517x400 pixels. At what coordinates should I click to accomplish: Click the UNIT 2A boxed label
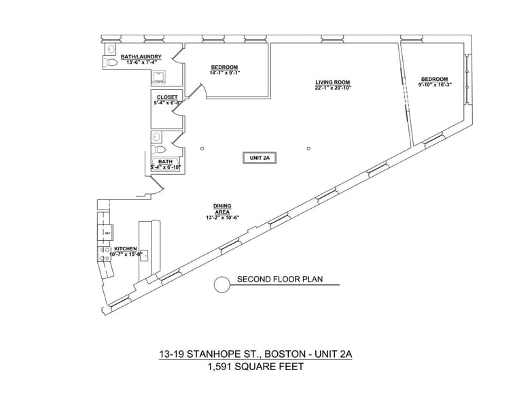pyautogui.click(x=260, y=158)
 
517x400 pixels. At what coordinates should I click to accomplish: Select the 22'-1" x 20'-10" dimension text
pyautogui.click(x=332, y=88)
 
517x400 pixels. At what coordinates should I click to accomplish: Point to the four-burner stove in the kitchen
pyautogui.click(x=105, y=254)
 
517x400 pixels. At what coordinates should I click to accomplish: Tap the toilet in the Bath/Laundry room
pyautogui.click(x=111, y=63)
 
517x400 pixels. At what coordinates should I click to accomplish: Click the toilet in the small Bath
pyautogui.click(x=159, y=149)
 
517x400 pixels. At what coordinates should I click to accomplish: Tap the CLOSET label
pyautogui.click(x=167, y=97)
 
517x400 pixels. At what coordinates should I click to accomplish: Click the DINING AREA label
pyautogui.click(x=222, y=209)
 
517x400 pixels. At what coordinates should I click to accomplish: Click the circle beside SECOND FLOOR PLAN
pyautogui.click(x=222, y=284)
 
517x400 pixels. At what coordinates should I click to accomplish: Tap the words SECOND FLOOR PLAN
pyautogui.click(x=279, y=280)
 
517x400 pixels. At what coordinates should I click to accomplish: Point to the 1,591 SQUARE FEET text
pyautogui.click(x=255, y=367)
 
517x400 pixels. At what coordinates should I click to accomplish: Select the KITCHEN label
pyautogui.click(x=126, y=249)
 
